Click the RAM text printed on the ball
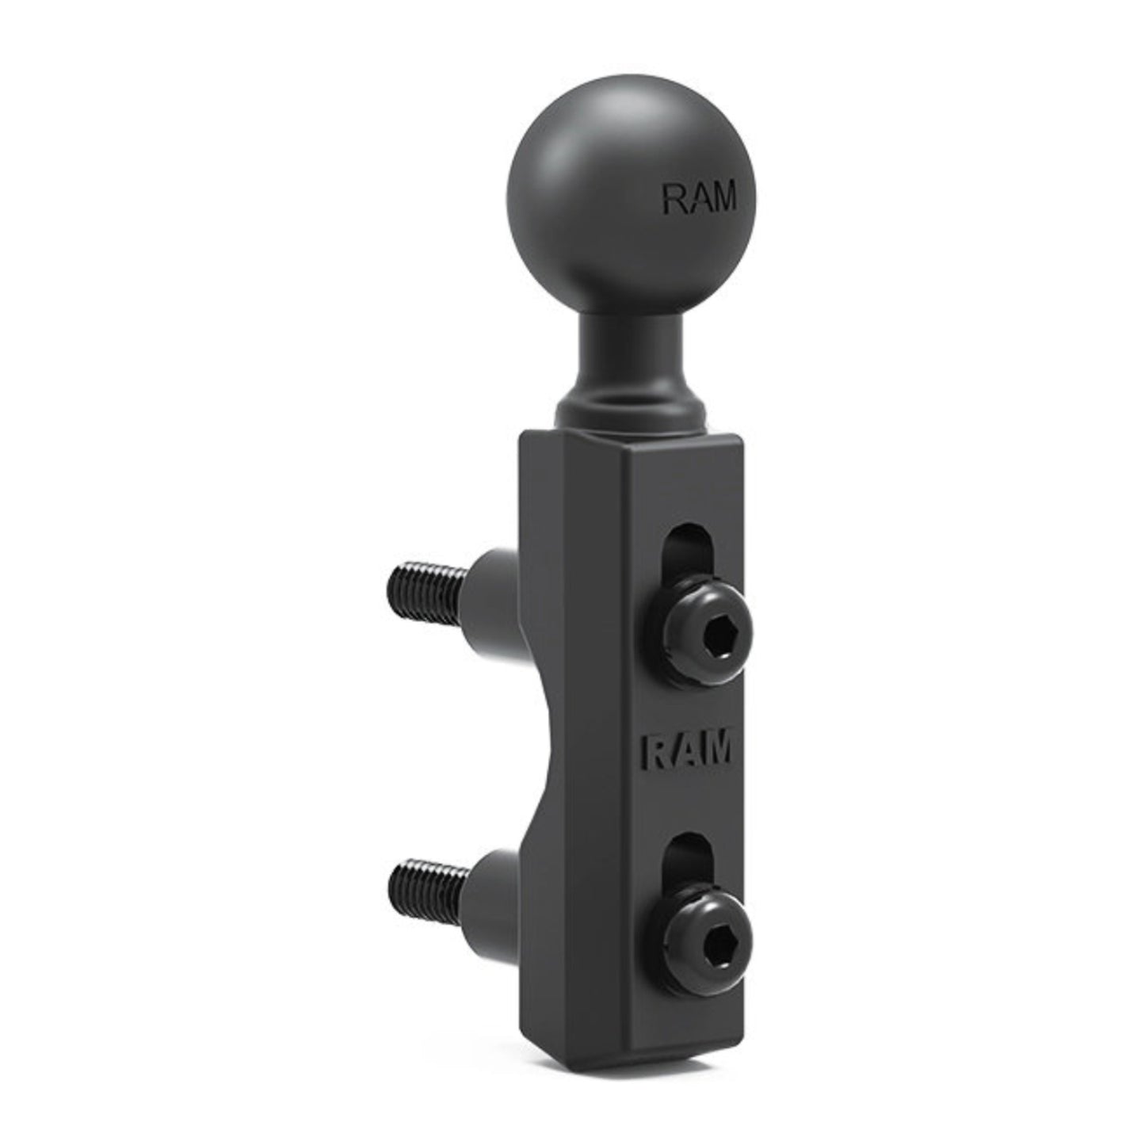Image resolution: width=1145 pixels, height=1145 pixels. [x=698, y=199]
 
